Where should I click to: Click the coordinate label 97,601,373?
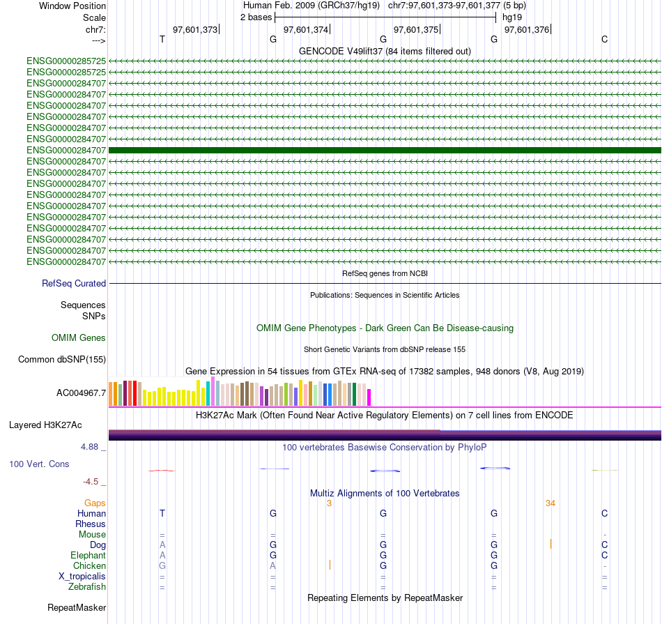tap(195, 29)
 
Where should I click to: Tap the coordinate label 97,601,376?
tap(527, 29)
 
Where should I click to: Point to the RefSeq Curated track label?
tap(74, 284)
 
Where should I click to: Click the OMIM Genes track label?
tap(79, 338)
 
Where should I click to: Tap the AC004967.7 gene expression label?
tap(81, 393)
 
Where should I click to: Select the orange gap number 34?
tap(551, 503)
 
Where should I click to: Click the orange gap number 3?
tap(329, 503)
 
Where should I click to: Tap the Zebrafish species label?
tap(86, 587)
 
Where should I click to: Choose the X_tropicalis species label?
tap(82, 577)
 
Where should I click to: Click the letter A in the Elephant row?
tap(162, 555)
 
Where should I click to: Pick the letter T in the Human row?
tap(162, 513)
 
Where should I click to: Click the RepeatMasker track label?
tap(77, 608)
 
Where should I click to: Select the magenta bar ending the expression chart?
tap(369, 397)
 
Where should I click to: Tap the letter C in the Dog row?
tap(605, 545)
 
